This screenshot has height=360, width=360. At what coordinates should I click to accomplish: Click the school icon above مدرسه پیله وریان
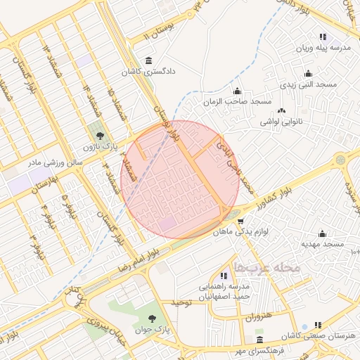click(x=322, y=37)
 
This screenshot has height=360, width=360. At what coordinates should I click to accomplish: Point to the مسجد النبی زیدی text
click(x=309, y=84)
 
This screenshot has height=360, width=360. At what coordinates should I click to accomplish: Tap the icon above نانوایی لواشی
click(x=282, y=110)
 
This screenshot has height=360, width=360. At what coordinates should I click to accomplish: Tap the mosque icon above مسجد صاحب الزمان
click(x=237, y=91)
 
